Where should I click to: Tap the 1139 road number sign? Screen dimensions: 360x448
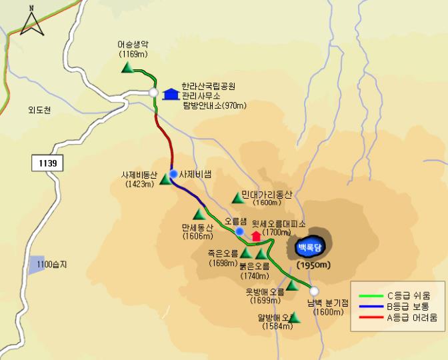[47, 163]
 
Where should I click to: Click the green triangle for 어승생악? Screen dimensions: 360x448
[127, 67]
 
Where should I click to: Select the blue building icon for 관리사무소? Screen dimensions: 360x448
[171, 94]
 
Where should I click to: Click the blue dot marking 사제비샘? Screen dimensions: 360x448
[173, 174]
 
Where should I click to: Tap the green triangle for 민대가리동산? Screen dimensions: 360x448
[236, 197]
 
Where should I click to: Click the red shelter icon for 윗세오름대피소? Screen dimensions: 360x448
[256, 235]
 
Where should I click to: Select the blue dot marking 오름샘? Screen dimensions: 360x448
[239, 231]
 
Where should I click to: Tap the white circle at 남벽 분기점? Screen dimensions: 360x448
[314, 291]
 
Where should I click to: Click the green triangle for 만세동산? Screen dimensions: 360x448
[197, 215]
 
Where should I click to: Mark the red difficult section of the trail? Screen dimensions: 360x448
[163, 137]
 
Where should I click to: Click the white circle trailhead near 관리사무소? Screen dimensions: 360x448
[153, 93]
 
